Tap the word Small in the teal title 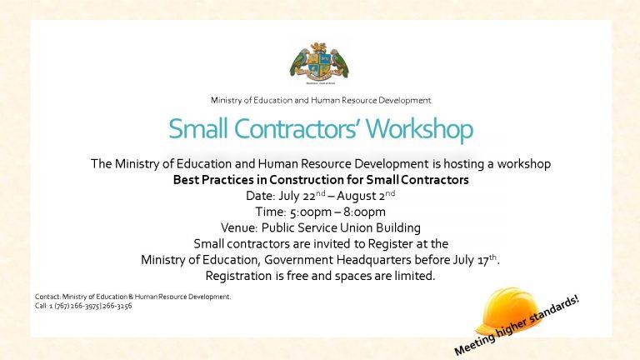(x=197, y=129)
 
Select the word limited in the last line (x=412, y=276)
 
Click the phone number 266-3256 (x=117, y=306)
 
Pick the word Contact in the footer (x=47, y=297)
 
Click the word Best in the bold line (x=186, y=180)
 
